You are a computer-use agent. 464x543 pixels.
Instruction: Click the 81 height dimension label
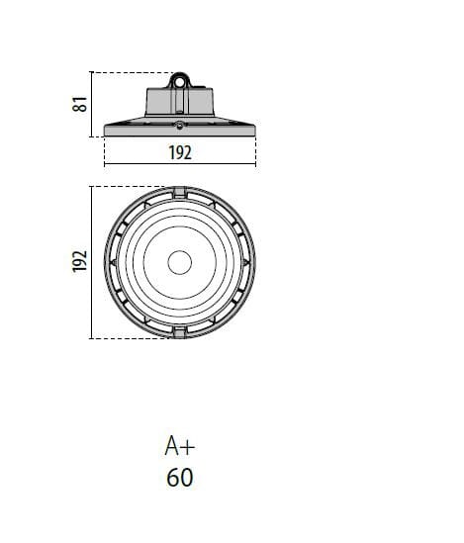[x=80, y=104]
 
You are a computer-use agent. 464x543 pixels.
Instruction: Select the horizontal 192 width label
[x=180, y=152]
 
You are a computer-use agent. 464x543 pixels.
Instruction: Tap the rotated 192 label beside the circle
[x=80, y=261]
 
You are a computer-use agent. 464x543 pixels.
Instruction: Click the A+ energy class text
[x=180, y=446]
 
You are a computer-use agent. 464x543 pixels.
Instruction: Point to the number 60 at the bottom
[x=180, y=478]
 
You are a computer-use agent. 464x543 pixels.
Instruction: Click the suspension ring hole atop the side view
[x=180, y=82]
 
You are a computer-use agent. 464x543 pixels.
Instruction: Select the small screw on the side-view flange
[x=179, y=126]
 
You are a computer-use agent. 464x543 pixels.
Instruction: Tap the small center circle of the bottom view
[x=180, y=262]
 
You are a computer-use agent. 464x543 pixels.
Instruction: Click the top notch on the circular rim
[x=180, y=192]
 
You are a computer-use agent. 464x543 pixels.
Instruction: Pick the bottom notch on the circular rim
[x=180, y=332]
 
